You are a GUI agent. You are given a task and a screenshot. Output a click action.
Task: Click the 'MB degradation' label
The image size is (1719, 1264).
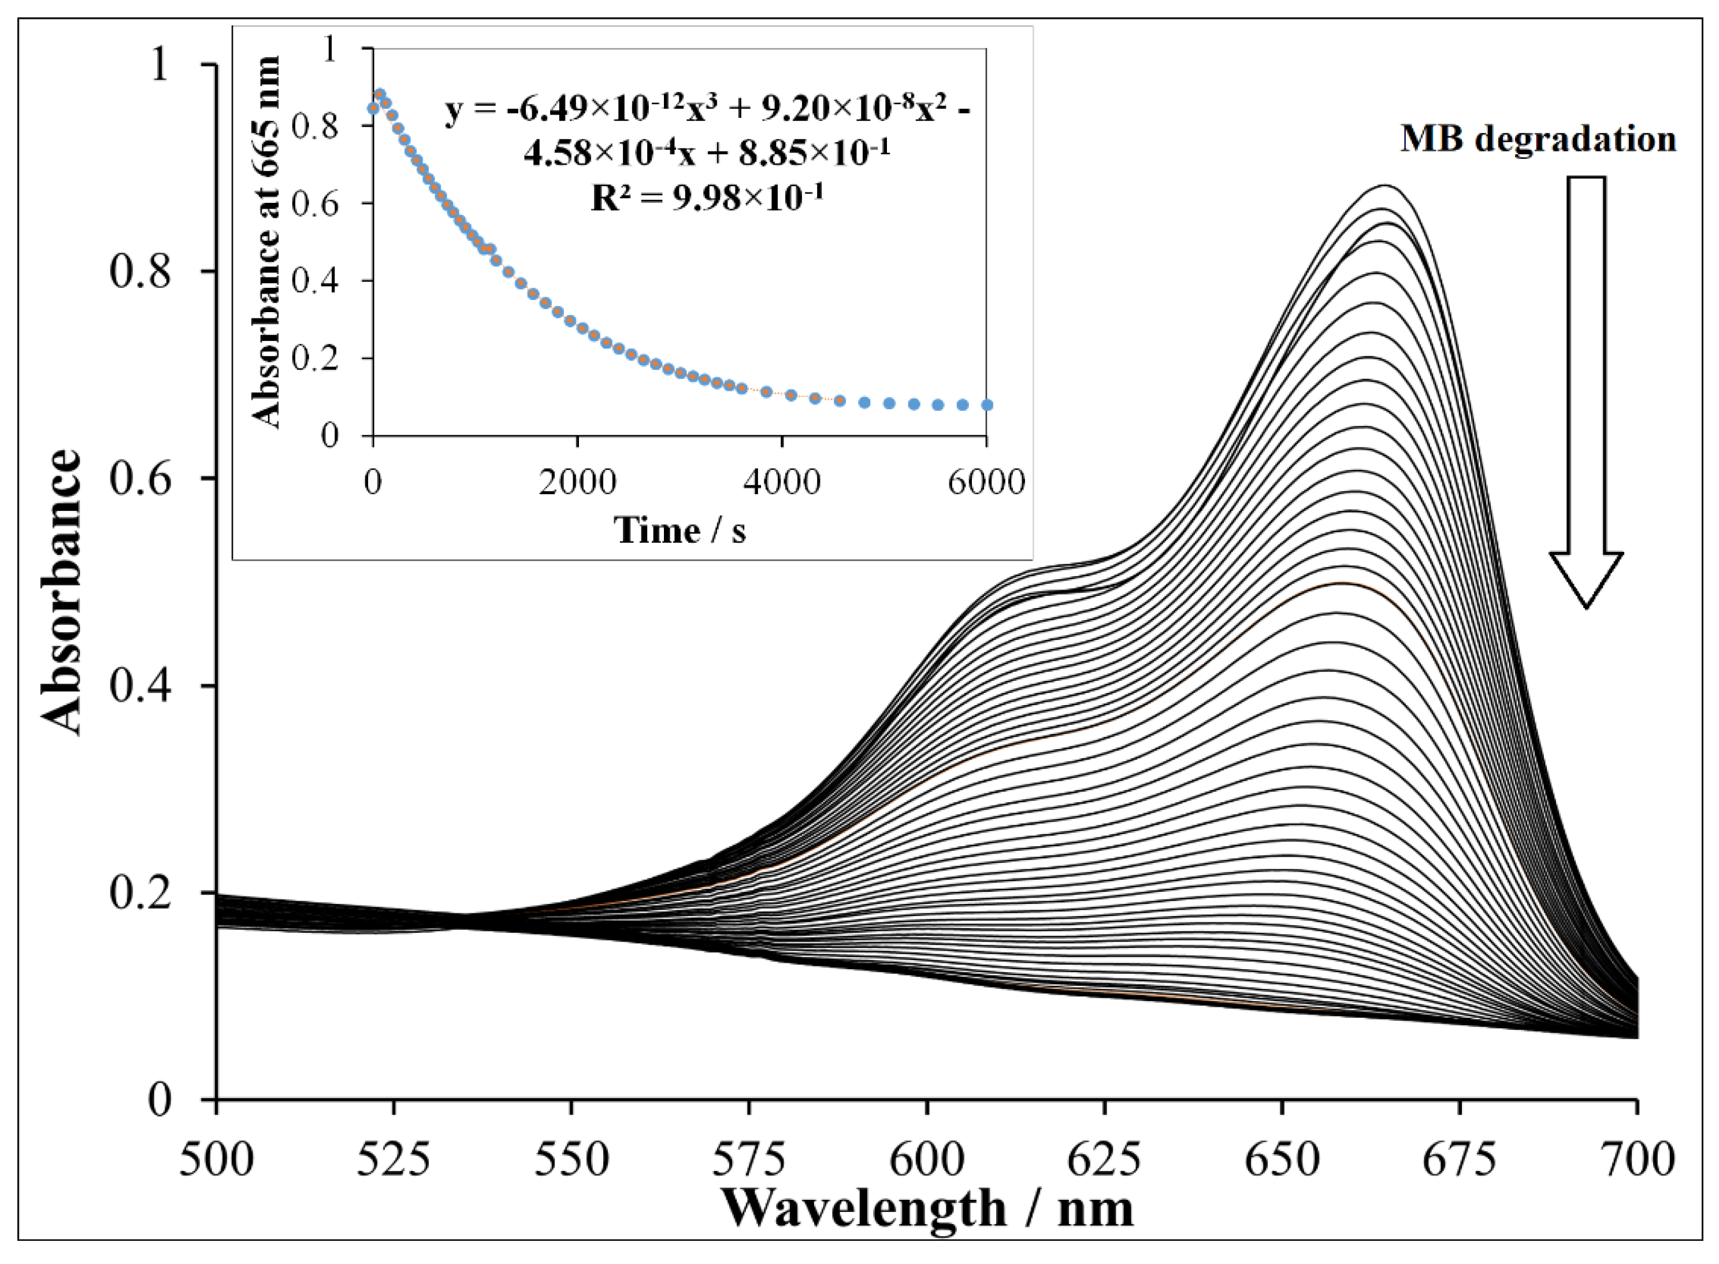click(1538, 140)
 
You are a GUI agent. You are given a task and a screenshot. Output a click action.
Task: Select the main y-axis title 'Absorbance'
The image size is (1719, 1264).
click(61, 593)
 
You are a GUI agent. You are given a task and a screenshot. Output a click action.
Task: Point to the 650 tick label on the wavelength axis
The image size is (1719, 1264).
click(1282, 1159)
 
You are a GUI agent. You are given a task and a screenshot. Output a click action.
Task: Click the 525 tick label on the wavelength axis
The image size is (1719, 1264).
click(394, 1159)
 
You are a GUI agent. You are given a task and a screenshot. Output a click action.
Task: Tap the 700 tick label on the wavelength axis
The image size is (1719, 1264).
click(1637, 1159)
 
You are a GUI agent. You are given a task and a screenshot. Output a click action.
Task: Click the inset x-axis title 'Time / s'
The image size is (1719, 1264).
click(680, 530)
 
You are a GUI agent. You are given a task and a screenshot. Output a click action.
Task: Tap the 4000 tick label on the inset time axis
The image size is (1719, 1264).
click(782, 483)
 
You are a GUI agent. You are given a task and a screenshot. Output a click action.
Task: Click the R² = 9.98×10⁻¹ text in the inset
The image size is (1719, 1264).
click(707, 198)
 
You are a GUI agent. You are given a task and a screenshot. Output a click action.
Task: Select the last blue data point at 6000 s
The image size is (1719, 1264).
click(987, 405)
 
